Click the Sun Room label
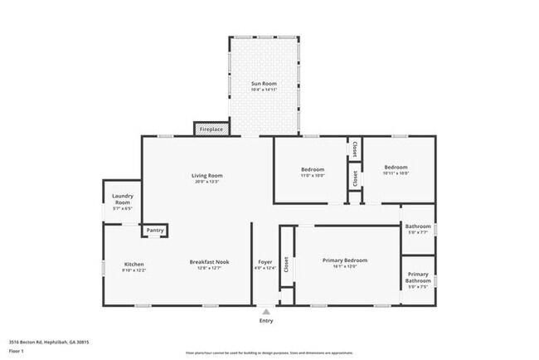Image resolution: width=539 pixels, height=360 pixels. pyautogui.click(x=264, y=84)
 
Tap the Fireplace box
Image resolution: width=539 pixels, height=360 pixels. pyautogui.click(x=211, y=129)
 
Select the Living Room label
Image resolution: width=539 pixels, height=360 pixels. pyautogui.click(x=206, y=175)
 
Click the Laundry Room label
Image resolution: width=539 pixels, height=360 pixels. pyautogui.click(x=122, y=199)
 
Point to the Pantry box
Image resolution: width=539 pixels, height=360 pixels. pyautogui.click(x=154, y=231)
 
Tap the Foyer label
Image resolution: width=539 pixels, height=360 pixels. pyautogui.click(x=265, y=262)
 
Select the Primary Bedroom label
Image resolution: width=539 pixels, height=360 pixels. pyautogui.click(x=344, y=260)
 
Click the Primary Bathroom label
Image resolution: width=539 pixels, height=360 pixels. pyautogui.click(x=418, y=277)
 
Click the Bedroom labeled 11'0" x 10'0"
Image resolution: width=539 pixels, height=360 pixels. pyautogui.click(x=313, y=169)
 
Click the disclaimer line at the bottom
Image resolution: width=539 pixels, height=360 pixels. pyautogui.click(x=269, y=352)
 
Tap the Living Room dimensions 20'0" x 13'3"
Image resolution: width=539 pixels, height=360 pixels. pyautogui.click(x=206, y=182)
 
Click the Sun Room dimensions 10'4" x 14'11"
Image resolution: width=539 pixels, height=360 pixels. pyautogui.click(x=264, y=90)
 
